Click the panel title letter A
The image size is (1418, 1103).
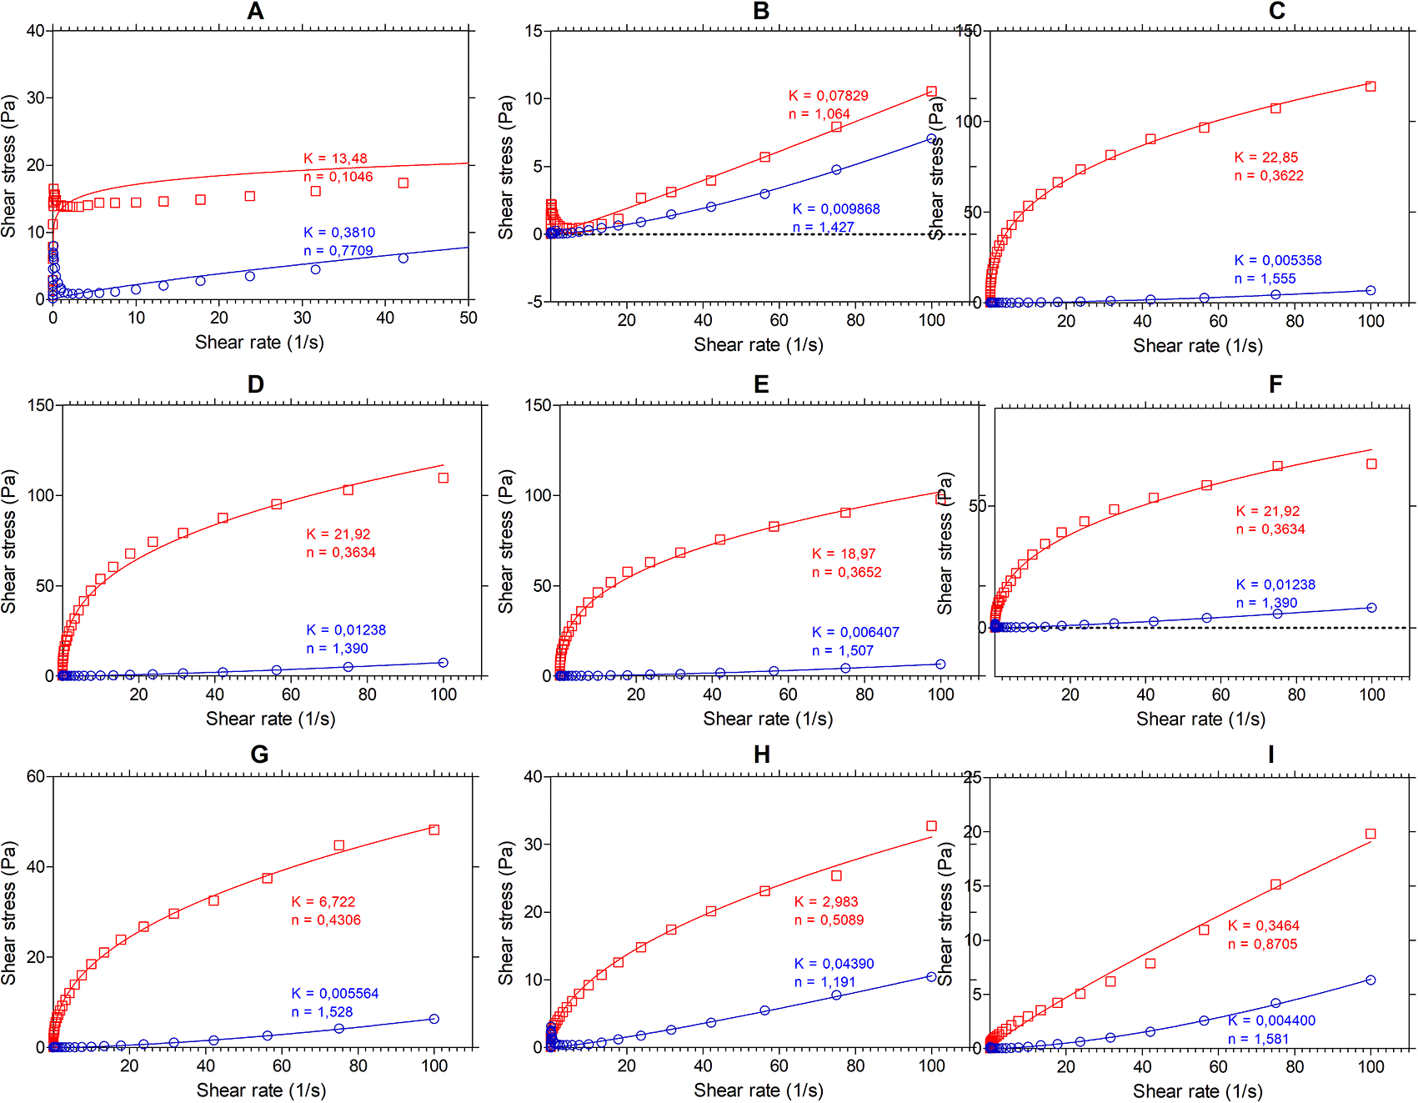[x=255, y=11]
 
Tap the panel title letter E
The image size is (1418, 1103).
[x=760, y=384]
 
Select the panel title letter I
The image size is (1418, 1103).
[x=1270, y=755]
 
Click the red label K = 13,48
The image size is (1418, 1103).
[x=335, y=158]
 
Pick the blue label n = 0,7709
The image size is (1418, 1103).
[x=338, y=251]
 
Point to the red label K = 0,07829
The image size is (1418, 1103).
[x=829, y=96]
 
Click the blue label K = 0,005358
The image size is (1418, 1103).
[x=1278, y=260]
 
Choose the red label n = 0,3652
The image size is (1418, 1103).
[x=847, y=572]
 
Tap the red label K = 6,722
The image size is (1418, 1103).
[x=323, y=902]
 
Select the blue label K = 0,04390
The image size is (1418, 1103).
[x=834, y=964]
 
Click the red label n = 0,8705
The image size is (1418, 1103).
[x=1263, y=944]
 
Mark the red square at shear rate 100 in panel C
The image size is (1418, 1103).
[x=1370, y=87]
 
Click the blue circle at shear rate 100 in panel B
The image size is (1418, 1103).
[x=931, y=139]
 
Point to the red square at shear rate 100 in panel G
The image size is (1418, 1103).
[x=433, y=830]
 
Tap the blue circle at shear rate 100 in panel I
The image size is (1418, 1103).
[x=1370, y=980]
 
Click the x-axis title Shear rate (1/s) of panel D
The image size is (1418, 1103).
[x=270, y=719]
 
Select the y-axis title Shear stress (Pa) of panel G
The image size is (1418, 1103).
[x=9, y=913]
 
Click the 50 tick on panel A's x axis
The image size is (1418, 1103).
[x=468, y=318]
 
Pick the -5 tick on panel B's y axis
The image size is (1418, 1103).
[x=534, y=301]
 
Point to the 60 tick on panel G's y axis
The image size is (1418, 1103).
[x=36, y=776]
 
